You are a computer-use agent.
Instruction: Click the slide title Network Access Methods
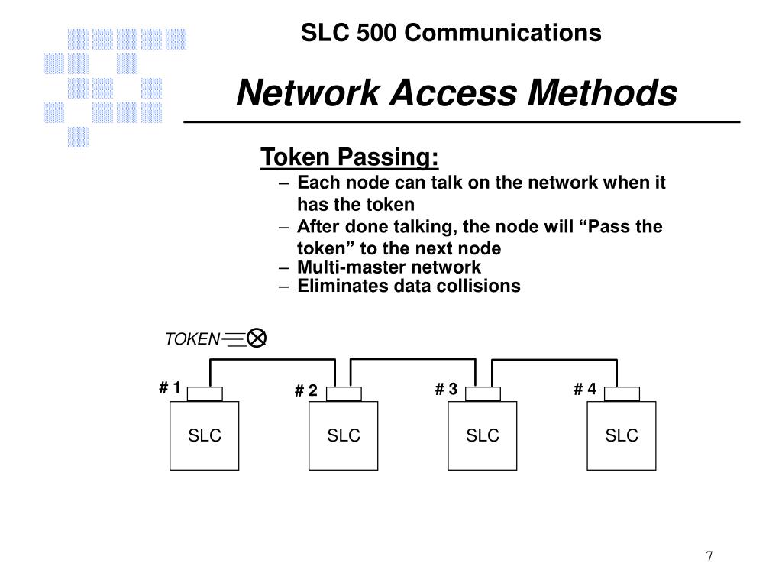[456, 94]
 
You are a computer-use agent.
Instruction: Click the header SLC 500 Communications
[451, 33]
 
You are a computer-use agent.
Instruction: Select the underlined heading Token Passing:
[350, 157]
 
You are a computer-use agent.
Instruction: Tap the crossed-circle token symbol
[257, 338]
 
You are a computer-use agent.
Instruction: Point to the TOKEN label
[192, 339]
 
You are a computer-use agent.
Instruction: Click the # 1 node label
[170, 388]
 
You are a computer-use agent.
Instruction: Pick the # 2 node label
[305, 391]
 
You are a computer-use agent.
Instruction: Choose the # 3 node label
[446, 390]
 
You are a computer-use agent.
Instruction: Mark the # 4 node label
[585, 390]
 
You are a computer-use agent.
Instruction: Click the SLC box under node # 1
[205, 435]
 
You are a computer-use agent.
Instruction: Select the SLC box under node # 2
[344, 435]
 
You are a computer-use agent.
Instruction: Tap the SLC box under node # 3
[483, 435]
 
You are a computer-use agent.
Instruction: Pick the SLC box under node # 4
[622, 435]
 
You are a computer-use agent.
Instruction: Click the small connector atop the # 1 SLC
[205, 393]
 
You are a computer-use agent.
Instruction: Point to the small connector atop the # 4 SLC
[622, 393]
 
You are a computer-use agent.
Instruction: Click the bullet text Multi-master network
[389, 267]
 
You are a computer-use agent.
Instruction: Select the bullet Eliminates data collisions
[409, 287]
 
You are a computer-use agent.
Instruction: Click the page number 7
[709, 555]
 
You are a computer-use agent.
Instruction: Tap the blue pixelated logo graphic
[115, 84]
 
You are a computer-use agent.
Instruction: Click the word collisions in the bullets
[486, 287]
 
